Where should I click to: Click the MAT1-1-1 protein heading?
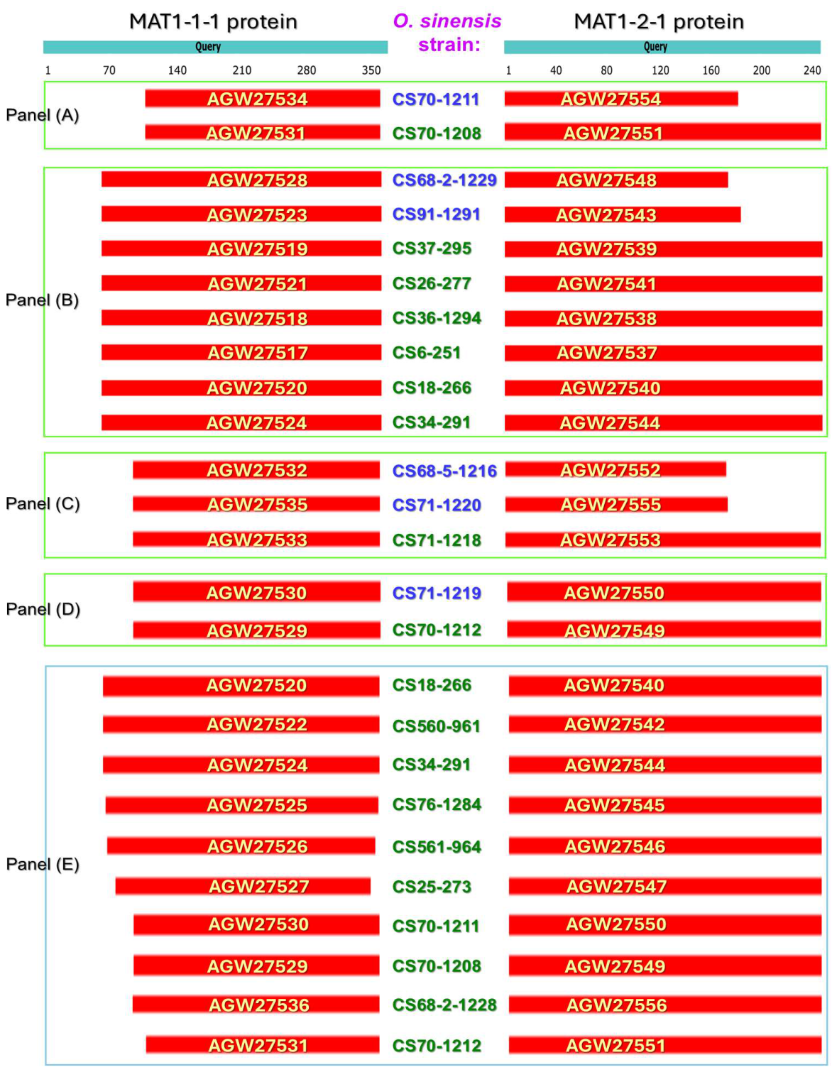click(213, 22)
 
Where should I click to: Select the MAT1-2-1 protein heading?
click(659, 22)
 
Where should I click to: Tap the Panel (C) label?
click(43, 503)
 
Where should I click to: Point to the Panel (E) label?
click(43, 864)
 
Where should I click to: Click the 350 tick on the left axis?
click(371, 70)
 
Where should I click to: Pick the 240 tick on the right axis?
click(812, 70)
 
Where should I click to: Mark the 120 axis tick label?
click(660, 70)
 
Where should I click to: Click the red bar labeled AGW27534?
click(263, 99)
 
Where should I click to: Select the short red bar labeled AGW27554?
click(621, 99)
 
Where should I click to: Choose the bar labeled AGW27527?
click(243, 886)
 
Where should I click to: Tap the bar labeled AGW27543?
click(623, 214)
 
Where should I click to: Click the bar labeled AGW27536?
click(256, 1005)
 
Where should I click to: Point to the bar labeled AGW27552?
click(616, 470)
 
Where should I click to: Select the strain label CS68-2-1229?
click(444, 180)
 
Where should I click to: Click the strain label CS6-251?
click(427, 353)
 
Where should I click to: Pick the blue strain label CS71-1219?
click(437, 593)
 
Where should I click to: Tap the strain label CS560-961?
click(437, 726)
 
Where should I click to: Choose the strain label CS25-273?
click(432, 887)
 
